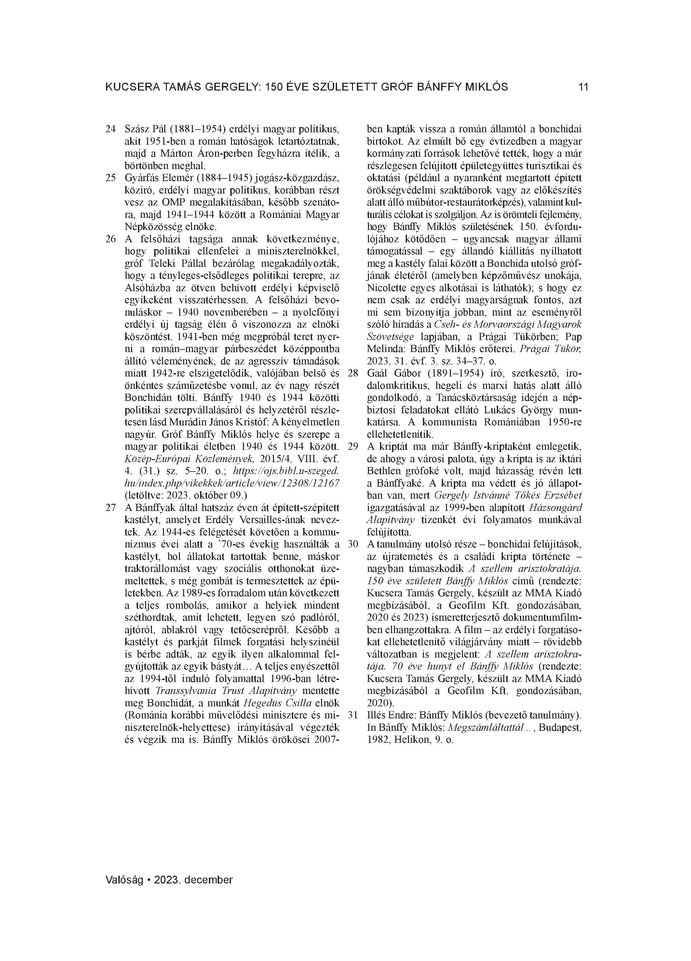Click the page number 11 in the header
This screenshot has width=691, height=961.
(x=583, y=87)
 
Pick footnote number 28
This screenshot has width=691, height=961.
(x=353, y=374)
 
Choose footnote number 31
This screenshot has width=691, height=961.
(x=353, y=715)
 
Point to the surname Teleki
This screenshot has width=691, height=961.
(x=159, y=263)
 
